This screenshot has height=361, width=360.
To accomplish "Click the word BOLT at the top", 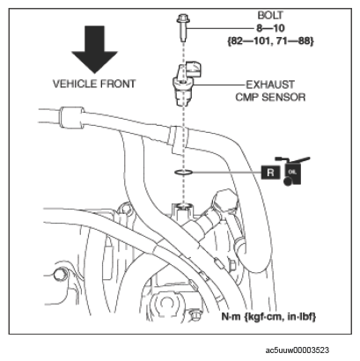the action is [x=270, y=15].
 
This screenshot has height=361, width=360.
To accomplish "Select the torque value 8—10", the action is [x=270, y=28].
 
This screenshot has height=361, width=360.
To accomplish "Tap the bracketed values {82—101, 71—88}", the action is [x=270, y=41].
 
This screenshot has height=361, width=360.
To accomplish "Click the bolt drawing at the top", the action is [x=182, y=28].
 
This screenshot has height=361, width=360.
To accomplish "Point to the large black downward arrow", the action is [x=94, y=49].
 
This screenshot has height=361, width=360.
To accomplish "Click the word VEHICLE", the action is [x=75, y=84].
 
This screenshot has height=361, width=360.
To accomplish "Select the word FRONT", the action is [x=118, y=84].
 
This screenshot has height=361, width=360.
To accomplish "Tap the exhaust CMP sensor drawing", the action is [x=187, y=83].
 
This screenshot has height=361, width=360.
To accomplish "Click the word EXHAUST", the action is [x=270, y=85].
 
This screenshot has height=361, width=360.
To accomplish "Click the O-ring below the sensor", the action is [x=183, y=173].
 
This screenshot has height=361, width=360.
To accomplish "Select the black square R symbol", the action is [x=270, y=172].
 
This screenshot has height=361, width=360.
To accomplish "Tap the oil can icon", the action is [x=294, y=172].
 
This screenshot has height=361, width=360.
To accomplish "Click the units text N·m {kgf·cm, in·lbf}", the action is [x=268, y=317].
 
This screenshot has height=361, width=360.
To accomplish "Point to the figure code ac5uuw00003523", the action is [x=297, y=350].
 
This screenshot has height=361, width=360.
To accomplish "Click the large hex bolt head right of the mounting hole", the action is [x=224, y=203].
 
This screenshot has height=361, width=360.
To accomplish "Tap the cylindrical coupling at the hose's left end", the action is [x=72, y=118].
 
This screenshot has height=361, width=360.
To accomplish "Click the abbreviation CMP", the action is [x=246, y=97].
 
